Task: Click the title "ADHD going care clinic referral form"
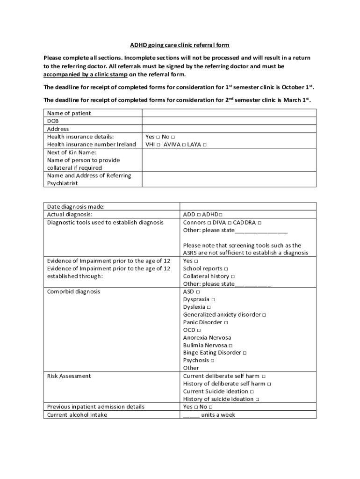(180, 45)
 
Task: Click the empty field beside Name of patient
(229, 113)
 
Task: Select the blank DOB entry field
(229, 121)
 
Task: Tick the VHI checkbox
(159, 145)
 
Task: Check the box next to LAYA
(205, 145)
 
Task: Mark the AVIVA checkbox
(184, 145)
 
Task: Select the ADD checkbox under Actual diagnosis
(199, 215)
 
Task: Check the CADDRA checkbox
(259, 223)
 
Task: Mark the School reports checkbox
(226, 269)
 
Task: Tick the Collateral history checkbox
(233, 277)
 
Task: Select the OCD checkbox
(199, 330)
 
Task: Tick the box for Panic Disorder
(226, 323)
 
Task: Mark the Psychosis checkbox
(213, 361)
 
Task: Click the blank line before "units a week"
(191, 415)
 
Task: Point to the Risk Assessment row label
(69, 376)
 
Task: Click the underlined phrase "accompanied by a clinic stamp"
(86, 74)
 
